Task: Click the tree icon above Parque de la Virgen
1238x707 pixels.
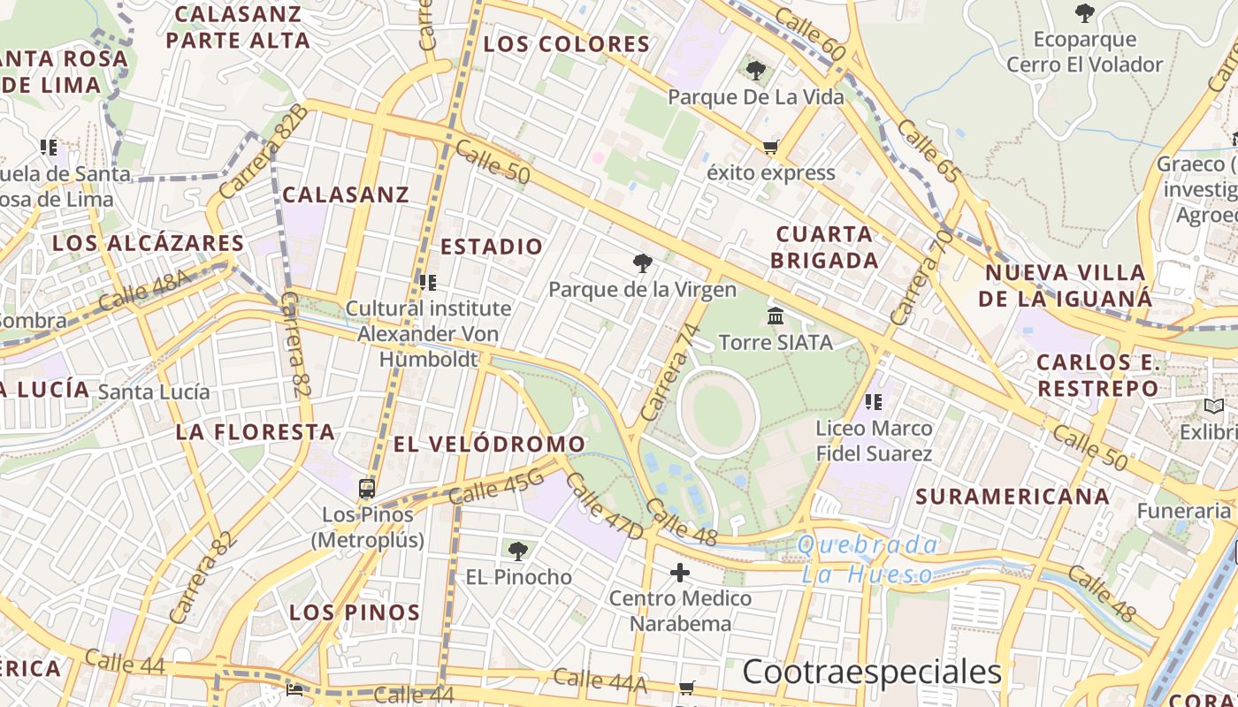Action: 643,262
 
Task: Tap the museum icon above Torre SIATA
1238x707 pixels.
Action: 776,315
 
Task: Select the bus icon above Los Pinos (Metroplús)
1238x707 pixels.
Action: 367,488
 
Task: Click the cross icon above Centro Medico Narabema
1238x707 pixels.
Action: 679,574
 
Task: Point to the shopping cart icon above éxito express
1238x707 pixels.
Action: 770,147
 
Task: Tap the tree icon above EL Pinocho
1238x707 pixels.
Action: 518,551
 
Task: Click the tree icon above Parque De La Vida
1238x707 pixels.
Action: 755,71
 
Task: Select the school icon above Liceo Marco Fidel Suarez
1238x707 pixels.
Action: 874,403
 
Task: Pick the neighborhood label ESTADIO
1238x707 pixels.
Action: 492,247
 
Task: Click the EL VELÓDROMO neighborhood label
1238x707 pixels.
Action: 489,444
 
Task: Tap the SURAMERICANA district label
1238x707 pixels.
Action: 1013,496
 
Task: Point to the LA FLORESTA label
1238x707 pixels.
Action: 255,432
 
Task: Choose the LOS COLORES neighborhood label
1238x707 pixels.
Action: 567,43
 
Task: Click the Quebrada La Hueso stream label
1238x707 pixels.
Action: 867,559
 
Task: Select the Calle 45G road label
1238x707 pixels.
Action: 495,487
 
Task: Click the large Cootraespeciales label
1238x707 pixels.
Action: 871,672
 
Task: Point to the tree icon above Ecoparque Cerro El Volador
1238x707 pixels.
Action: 1084,13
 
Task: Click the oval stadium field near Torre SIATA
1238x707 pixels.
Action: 718,413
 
